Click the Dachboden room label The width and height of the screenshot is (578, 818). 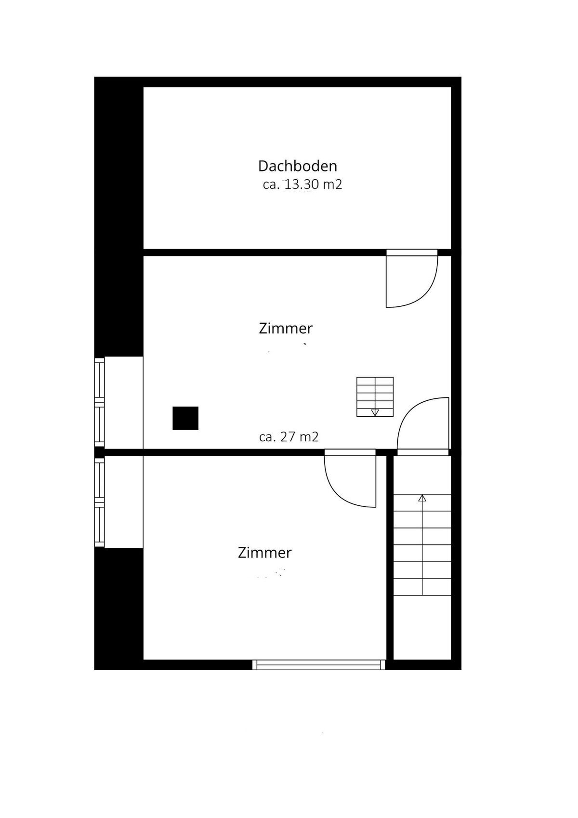(297, 166)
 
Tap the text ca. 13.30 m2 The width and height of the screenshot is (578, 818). (302, 185)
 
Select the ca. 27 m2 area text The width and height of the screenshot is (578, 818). (289, 437)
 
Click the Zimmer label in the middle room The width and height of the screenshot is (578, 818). (286, 329)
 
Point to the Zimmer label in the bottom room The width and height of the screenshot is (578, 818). (264, 553)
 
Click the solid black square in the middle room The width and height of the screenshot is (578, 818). (185, 418)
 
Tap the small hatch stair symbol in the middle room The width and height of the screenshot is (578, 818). (375, 396)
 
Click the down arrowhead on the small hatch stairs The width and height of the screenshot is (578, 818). (375, 412)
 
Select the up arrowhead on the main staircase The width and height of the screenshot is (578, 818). (422, 498)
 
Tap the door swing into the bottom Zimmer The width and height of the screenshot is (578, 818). (351, 479)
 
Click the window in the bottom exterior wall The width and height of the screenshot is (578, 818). (319, 665)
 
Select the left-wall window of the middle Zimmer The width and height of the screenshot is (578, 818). (99, 403)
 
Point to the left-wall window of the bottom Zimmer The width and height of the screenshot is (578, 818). (99, 502)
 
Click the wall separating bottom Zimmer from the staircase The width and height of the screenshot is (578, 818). (390, 559)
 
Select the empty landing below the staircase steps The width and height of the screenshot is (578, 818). (422, 626)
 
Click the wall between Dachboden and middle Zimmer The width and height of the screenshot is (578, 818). (265, 252)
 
